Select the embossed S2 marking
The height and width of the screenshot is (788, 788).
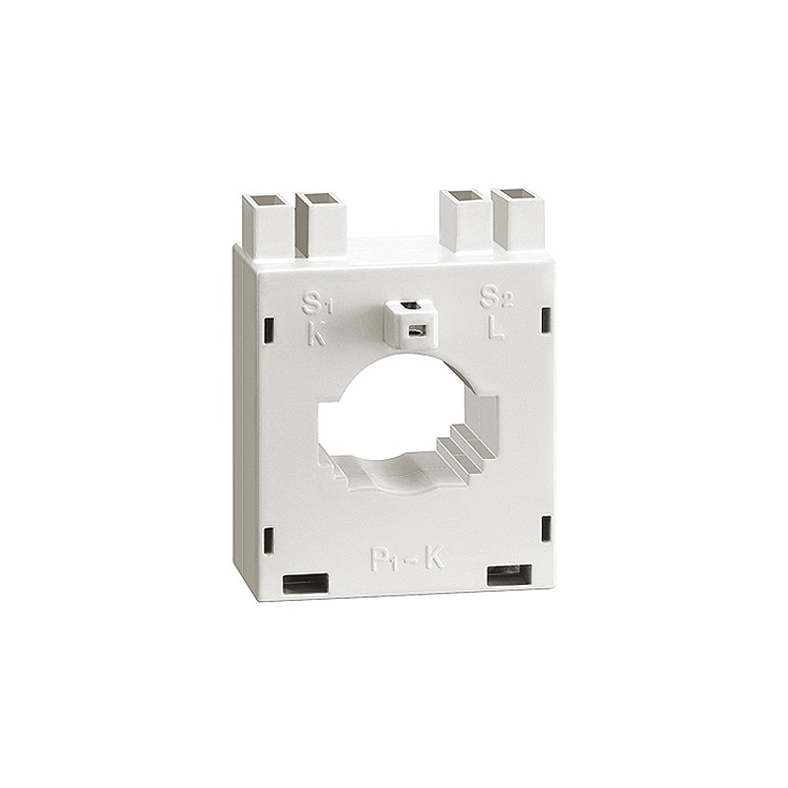(x=492, y=297)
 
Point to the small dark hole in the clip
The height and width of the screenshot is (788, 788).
(x=417, y=330)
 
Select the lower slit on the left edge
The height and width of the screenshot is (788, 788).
(x=268, y=538)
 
